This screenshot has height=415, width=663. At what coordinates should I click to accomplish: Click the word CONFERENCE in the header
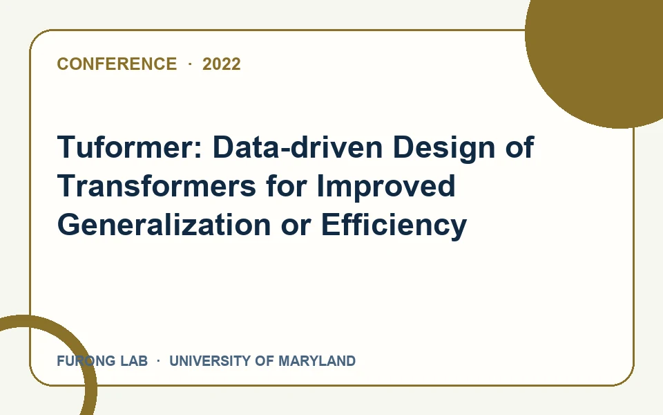(117, 64)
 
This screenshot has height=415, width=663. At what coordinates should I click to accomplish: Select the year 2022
(222, 64)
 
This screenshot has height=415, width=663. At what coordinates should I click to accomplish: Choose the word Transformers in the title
(157, 186)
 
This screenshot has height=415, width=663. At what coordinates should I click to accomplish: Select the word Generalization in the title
(164, 224)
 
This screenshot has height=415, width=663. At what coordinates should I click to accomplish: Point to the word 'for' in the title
(286, 186)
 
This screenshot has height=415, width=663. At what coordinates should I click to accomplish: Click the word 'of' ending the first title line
(520, 147)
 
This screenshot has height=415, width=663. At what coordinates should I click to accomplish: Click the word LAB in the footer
(134, 361)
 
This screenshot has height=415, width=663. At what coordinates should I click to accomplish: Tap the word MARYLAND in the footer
(317, 361)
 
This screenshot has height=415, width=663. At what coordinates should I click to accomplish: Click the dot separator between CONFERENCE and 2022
(190, 64)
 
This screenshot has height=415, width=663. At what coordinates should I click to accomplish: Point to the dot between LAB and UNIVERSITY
(159, 361)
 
